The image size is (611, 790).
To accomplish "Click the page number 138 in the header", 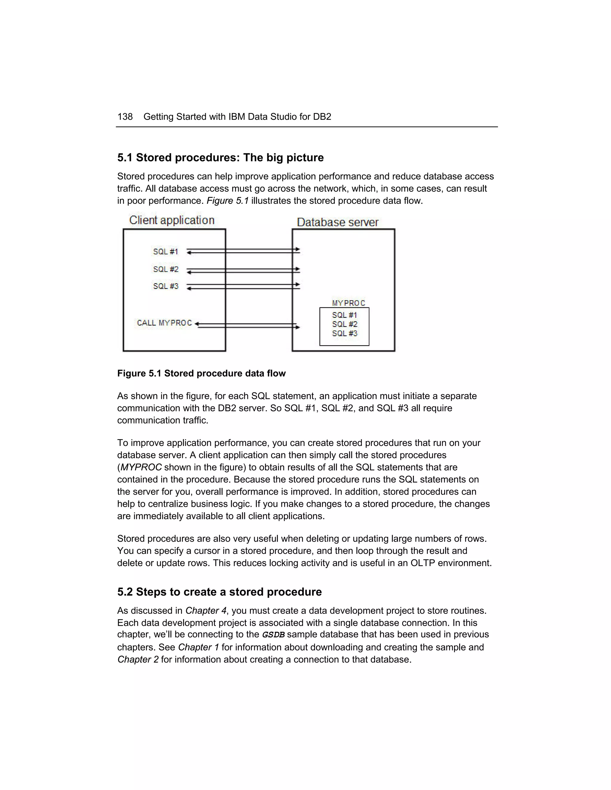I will click(125, 117).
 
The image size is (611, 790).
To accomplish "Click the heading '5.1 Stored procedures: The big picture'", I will click(220, 158).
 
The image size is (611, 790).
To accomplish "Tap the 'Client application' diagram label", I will click(172, 220).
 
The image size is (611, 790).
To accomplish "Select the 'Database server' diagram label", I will click(337, 222).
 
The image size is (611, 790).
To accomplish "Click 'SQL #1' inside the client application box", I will click(165, 251).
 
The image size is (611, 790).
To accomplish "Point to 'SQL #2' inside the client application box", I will click(165, 269).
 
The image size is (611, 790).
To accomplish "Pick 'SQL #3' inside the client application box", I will click(165, 286).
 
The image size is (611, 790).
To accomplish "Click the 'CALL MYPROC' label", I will click(164, 323).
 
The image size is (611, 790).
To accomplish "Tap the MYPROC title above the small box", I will click(348, 303).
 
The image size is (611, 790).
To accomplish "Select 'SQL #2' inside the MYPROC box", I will click(345, 324).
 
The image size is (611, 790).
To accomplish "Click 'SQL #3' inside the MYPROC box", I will click(345, 334).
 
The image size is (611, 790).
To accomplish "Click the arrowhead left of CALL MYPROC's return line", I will click(197, 324).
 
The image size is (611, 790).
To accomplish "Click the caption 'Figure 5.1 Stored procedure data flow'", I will click(201, 373).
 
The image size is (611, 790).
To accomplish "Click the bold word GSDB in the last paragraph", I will click(273, 635).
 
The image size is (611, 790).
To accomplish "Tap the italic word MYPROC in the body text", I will click(141, 467).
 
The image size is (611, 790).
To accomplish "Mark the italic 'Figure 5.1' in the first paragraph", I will click(227, 201).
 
